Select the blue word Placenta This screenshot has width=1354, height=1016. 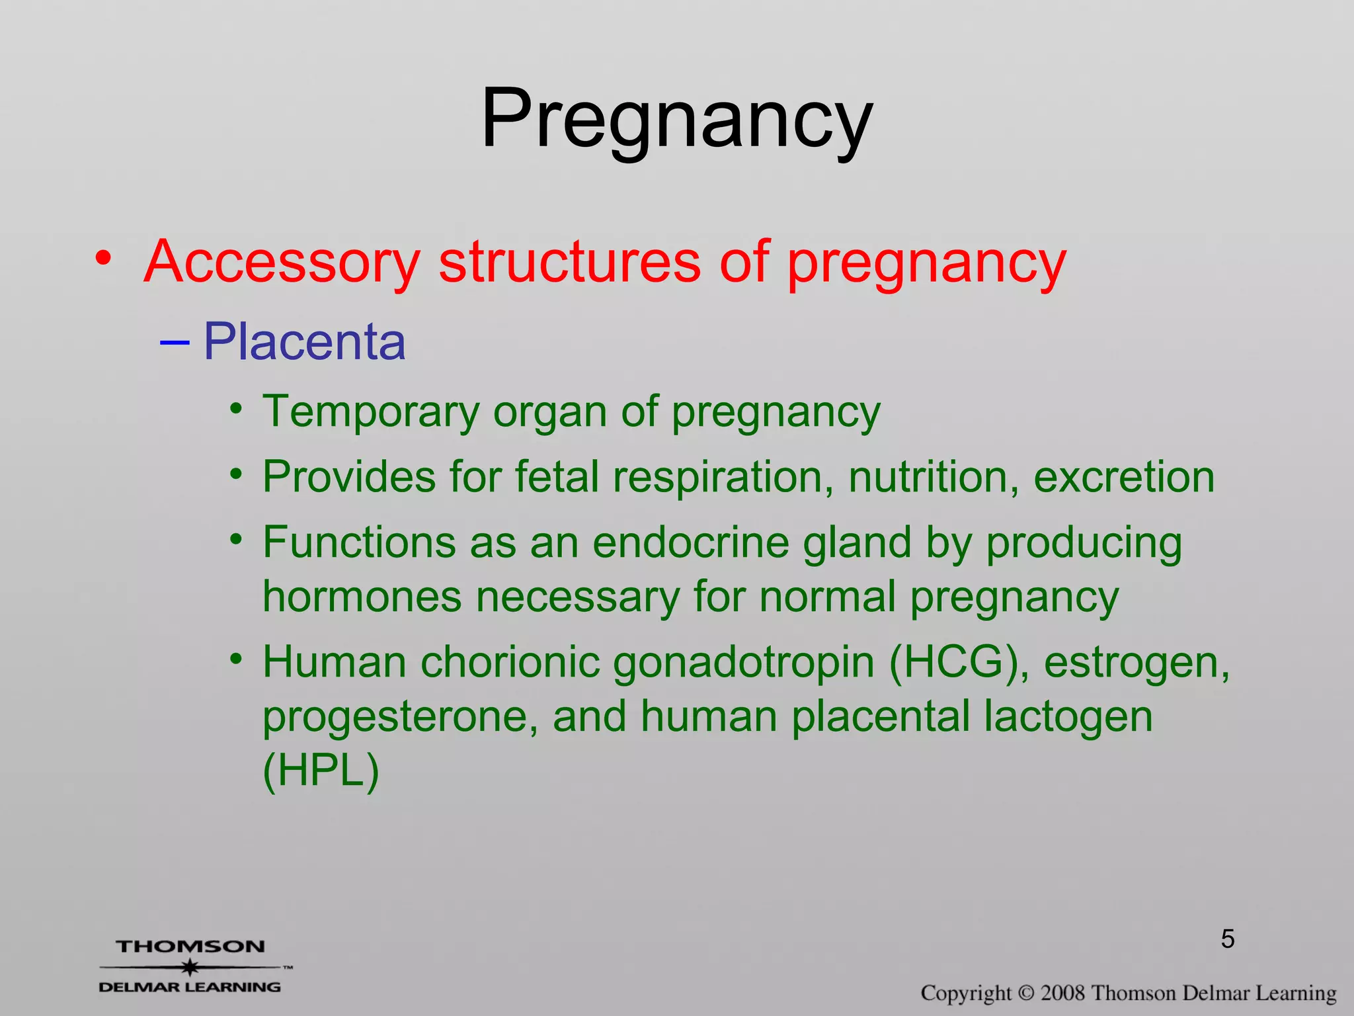click(304, 342)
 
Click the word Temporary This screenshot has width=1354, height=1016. click(371, 412)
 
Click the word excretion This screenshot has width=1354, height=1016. click(1123, 477)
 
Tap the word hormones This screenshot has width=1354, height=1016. click(362, 597)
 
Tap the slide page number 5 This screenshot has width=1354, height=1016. click(1228, 939)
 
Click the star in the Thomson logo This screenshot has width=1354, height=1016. click(190, 967)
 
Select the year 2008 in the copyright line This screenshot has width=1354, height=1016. click(1063, 993)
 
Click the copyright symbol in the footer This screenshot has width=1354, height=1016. click(1026, 993)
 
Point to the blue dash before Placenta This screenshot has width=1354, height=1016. click(175, 343)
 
